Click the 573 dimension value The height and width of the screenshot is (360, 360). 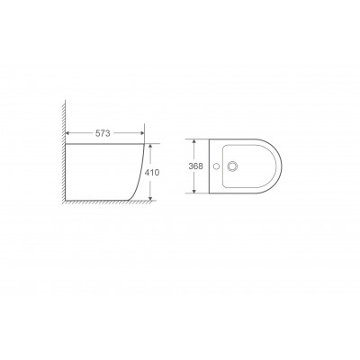103,133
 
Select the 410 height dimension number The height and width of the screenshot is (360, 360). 152,173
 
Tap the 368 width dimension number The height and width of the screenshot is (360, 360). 196,166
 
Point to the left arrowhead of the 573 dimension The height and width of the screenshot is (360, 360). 68,133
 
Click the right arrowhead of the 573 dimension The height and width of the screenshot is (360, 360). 141,133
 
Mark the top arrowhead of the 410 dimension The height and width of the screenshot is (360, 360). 150,147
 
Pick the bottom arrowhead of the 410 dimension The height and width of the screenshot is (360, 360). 150,197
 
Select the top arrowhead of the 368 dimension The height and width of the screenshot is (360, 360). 194,142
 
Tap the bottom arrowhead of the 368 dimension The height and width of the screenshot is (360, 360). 194,190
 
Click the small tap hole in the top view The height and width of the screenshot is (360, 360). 216,166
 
